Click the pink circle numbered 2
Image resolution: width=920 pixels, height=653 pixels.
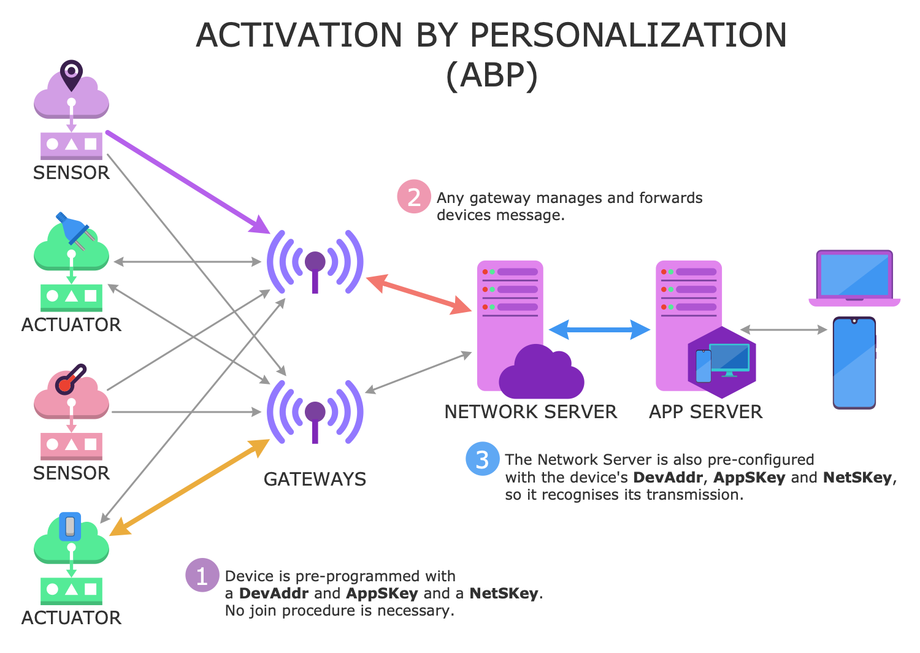click(414, 197)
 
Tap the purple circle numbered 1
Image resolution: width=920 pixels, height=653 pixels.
click(202, 575)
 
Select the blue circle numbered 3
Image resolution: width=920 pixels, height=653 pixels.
click(483, 459)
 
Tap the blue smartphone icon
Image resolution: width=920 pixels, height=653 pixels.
click(854, 362)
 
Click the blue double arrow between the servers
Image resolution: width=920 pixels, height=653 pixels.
click(599, 330)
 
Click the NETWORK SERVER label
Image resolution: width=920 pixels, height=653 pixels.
click(531, 412)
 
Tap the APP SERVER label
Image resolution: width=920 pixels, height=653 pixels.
click(705, 412)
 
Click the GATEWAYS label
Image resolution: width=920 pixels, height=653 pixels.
click(315, 479)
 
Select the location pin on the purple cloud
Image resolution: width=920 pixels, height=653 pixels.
click(71, 74)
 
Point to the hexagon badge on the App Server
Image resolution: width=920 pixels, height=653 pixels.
click(722, 362)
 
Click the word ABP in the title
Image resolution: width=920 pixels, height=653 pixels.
click(491, 76)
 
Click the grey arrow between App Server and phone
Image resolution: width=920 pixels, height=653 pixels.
click(784, 330)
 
